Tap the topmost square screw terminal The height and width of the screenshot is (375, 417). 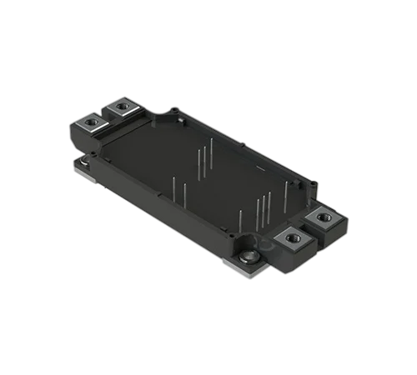click(125, 108)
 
